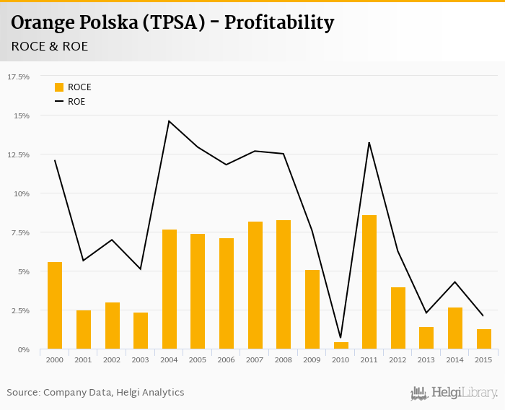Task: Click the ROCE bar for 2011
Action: [369, 282]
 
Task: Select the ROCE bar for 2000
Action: [55, 306]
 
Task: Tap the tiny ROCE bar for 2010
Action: [341, 346]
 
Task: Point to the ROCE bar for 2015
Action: [483, 339]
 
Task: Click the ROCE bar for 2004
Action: [170, 289]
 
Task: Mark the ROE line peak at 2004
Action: [169, 121]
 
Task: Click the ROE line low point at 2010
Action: [341, 338]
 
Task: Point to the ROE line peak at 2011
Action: [369, 142]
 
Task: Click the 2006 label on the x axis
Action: [227, 359]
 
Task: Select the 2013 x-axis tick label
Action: [426, 359]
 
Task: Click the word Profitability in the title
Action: [279, 23]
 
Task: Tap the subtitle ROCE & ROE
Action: [50, 47]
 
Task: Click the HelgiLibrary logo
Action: [454, 393]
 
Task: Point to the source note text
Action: [95, 393]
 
